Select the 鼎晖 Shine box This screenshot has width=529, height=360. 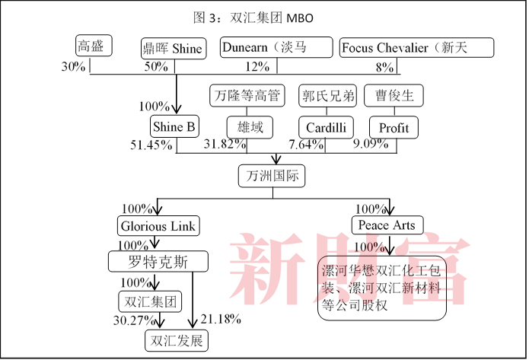coord(173,49)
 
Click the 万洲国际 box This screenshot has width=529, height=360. coord(272,176)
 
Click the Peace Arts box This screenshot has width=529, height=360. coord(387,225)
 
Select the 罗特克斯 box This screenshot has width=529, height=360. coord(158,263)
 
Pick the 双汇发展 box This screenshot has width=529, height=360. coord(177,340)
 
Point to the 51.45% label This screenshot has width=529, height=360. coord(151,145)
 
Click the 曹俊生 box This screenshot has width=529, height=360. coord(394,95)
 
